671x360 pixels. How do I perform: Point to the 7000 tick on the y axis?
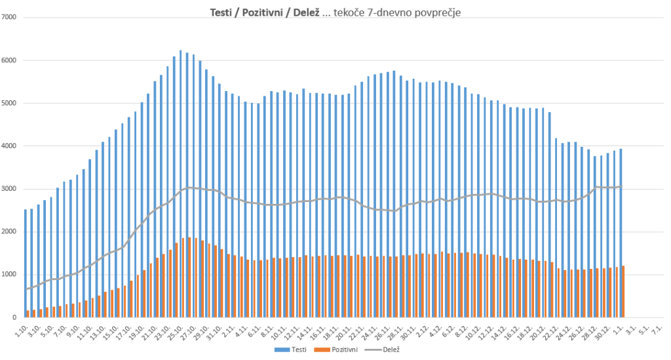[x=9, y=17]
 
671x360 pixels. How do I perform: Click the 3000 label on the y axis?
[x=9, y=189]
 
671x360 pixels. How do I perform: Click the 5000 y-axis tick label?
[x=9, y=103]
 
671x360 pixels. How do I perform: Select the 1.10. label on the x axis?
[x=22, y=327]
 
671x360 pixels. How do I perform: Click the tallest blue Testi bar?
[x=181, y=184]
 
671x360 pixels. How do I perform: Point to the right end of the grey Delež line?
[x=621, y=187]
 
